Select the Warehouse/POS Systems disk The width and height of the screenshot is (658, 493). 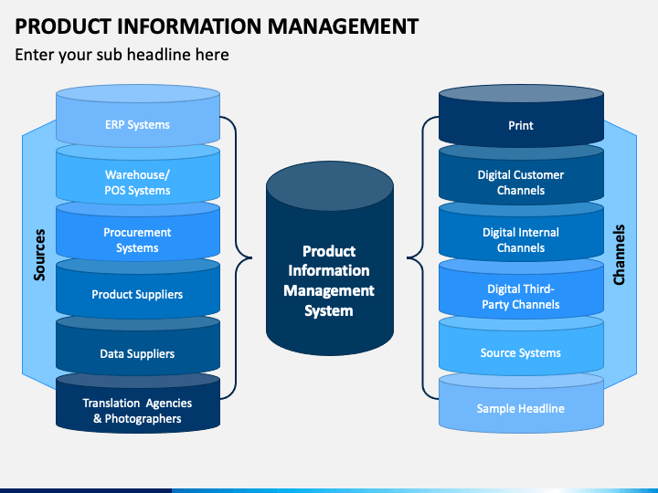pos(138,178)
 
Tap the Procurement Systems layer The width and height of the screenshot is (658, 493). pos(138,236)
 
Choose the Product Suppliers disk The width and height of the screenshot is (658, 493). pos(138,292)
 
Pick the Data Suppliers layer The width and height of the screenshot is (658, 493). pos(138,350)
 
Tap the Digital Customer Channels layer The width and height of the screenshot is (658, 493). pos(521,178)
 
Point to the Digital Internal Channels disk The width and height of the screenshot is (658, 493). pos(521,236)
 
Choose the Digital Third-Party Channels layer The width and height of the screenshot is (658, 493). pos(521,292)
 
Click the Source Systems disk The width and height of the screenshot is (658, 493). pos(521,350)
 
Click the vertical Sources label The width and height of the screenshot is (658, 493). pos(39,255)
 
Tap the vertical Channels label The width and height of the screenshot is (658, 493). pos(619,255)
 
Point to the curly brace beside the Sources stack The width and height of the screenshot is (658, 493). pos(236,257)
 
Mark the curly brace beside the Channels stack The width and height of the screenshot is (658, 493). pos(422,257)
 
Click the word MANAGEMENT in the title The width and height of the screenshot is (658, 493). pos(343,26)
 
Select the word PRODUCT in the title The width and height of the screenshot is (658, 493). pos(63,26)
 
